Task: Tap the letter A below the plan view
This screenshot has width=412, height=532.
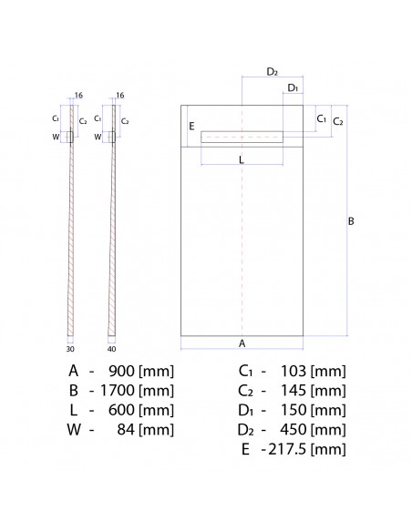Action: [x=242, y=343]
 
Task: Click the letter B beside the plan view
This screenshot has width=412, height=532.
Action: [x=351, y=221]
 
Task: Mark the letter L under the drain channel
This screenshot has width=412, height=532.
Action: [x=241, y=159]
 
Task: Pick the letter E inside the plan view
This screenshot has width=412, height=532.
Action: [x=191, y=128]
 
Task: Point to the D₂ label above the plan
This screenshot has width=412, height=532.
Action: [x=272, y=71]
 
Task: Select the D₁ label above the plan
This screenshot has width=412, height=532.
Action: [x=292, y=87]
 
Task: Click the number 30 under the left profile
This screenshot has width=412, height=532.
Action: [x=69, y=347]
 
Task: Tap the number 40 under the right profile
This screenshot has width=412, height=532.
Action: [x=111, y=347]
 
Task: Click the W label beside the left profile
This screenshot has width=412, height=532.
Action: [x=57, y=137]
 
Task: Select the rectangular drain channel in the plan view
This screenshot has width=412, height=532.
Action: [x=242, y=137]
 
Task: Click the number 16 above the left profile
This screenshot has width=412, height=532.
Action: [x=79, y=94]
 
